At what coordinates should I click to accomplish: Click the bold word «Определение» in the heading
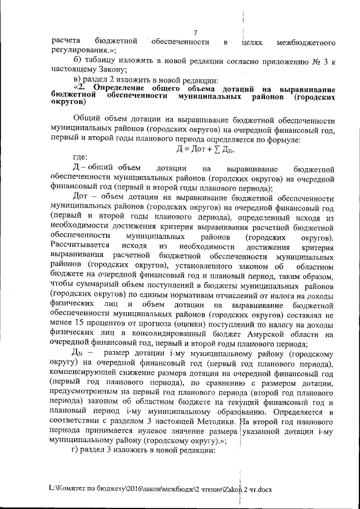(x=118, y=89)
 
